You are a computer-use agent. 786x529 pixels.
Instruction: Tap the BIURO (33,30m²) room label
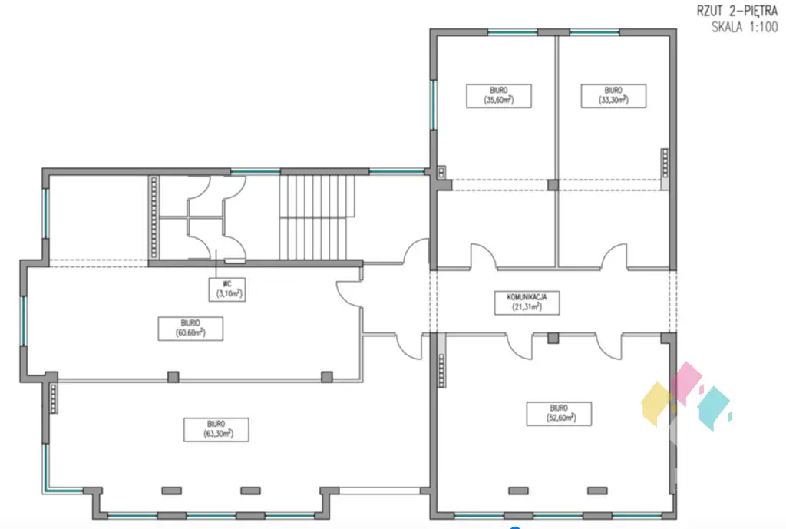[613, 95]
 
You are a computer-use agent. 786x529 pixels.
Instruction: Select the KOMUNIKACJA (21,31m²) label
[526, 302]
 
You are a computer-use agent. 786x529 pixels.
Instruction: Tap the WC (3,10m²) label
[227, 288]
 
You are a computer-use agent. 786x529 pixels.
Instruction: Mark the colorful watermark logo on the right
[684, 396]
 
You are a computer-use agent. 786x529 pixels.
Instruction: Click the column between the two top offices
[553, 185]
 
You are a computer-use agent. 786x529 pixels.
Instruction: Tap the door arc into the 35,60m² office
[483, 256]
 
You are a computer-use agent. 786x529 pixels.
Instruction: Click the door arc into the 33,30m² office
[614, 256]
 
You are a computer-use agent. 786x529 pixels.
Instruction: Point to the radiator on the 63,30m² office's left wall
[53, 397]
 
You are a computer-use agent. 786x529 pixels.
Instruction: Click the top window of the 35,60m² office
[512, 31]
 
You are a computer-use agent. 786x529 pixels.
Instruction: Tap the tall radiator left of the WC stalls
[154, 217]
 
